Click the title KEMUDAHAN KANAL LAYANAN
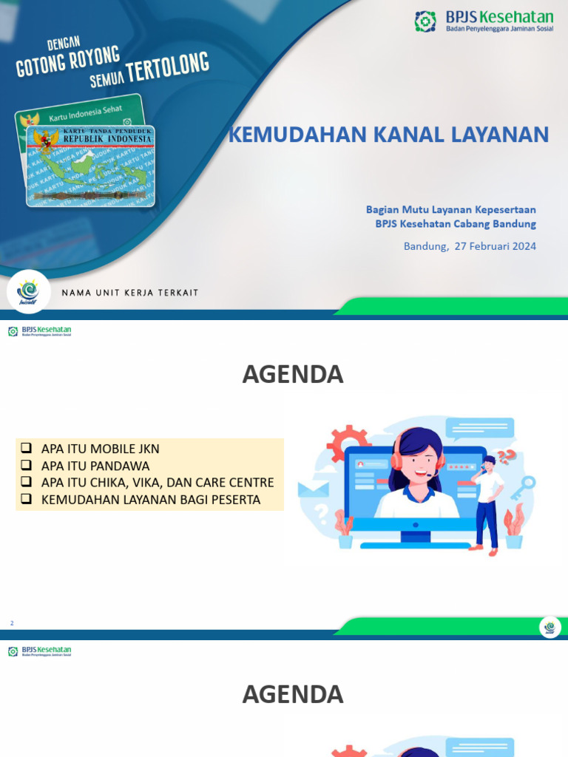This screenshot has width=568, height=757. click(x=388, y=135)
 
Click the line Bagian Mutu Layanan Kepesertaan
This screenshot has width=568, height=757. click(x=451, y=210)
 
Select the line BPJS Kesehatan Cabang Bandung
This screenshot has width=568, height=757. click(x=455, y=224)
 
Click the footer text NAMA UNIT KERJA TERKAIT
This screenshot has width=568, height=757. click(x=130, y=293)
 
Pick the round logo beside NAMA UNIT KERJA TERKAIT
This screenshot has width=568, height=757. click(x=29, y=291)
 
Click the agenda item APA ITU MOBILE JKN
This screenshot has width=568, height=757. click(x=100, y=449)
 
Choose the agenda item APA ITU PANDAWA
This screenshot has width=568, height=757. click(x=95, y=466)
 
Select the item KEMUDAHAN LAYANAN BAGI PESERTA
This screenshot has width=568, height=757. click(x=151, y=500)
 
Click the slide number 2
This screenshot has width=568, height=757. click(x=12, y=624)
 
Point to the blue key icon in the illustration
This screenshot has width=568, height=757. click(x=527, y=485)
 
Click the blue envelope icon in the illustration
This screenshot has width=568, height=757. click(x=313, y=489)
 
